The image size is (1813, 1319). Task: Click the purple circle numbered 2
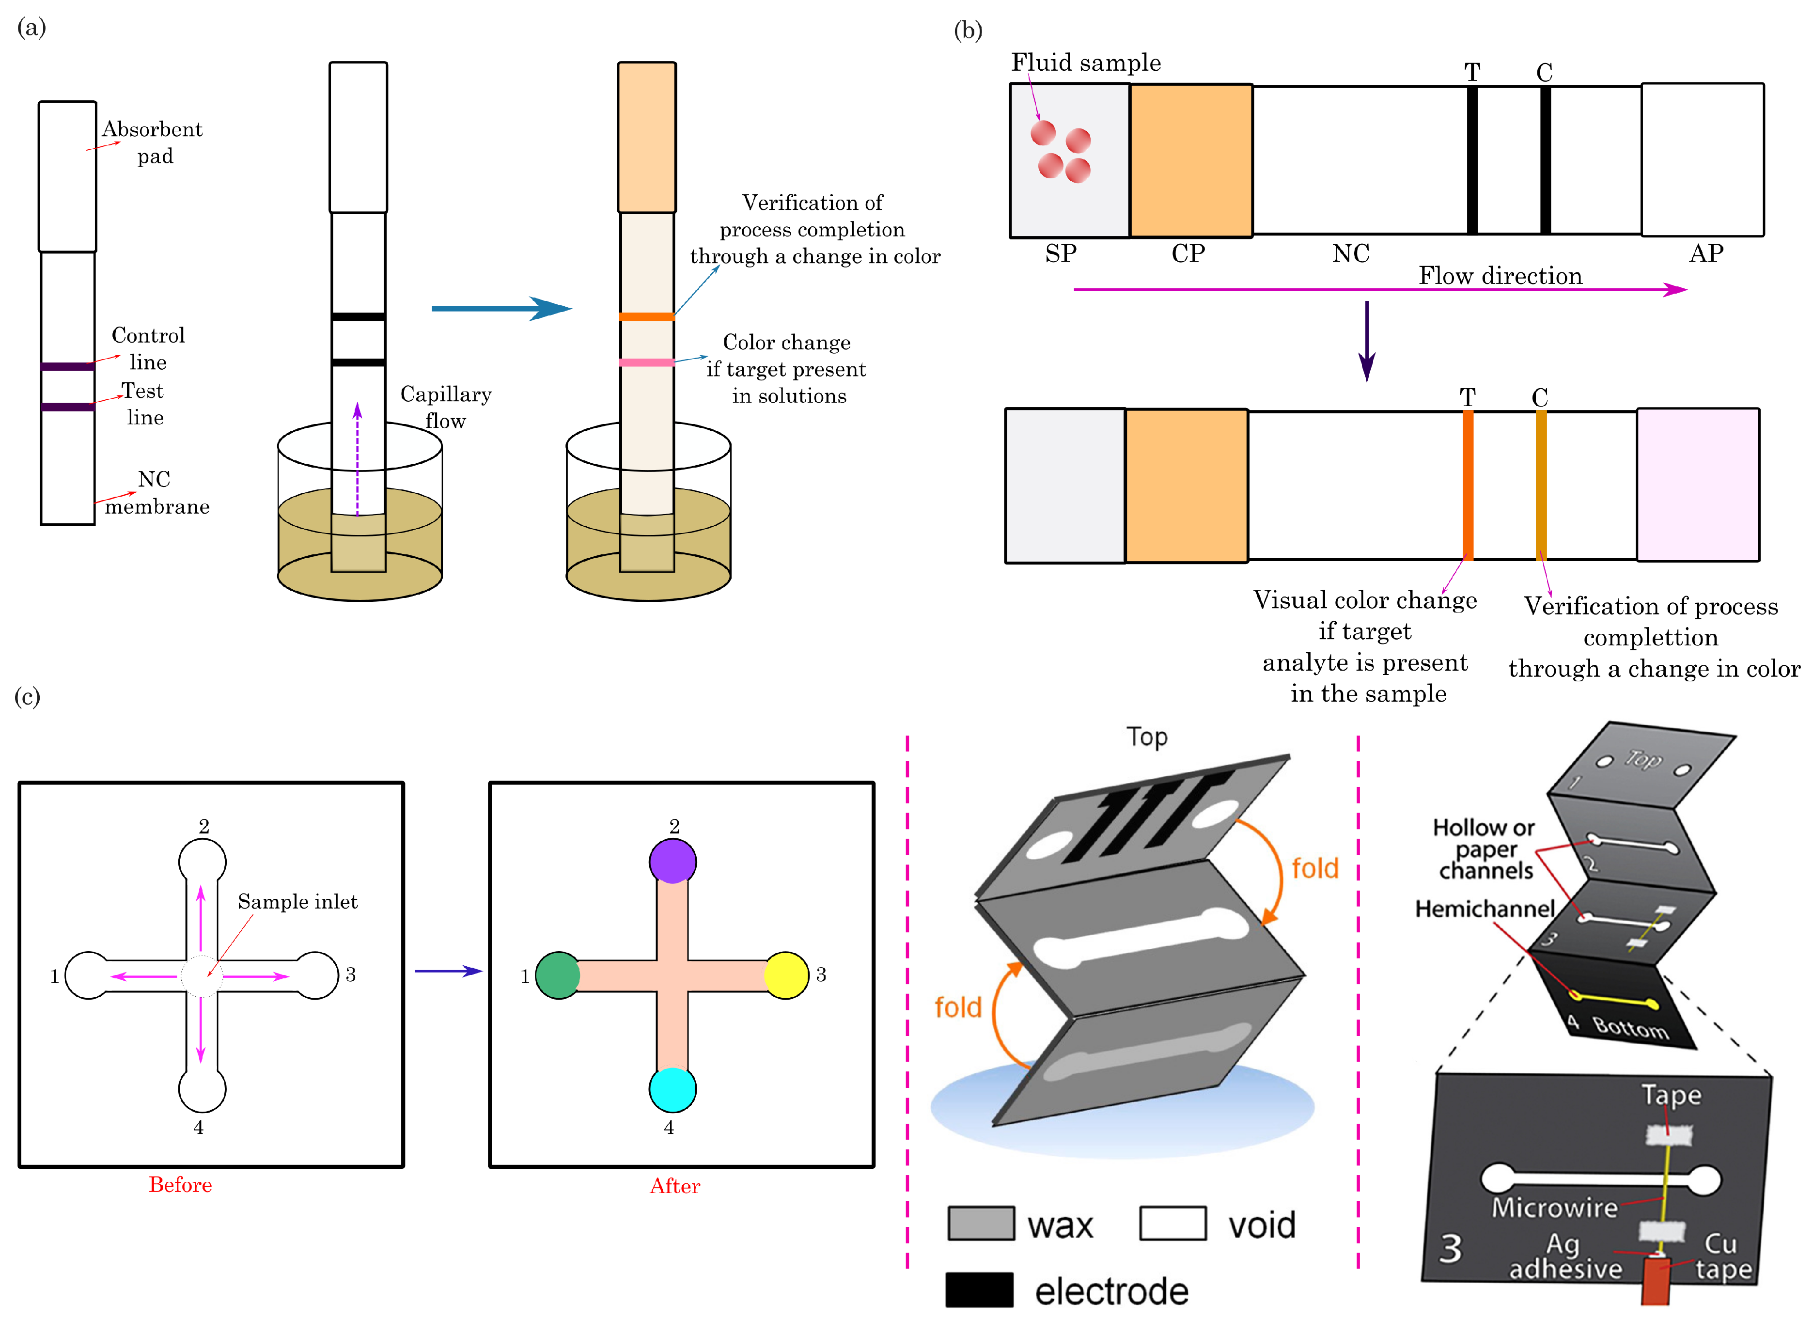click(672, 861)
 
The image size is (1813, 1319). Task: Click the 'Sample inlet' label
click(297, 902)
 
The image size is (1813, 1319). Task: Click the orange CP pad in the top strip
click(1190, 160)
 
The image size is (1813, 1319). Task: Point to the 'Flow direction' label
click(1500, 276)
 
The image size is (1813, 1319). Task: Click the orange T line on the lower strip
click(1468, 485)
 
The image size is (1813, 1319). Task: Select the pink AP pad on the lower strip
click(1698, 485)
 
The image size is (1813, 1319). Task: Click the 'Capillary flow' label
click(445, 407)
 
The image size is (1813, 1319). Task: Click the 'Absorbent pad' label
click(152, 141)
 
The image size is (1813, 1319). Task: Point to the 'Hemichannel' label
click(1484, 909)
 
